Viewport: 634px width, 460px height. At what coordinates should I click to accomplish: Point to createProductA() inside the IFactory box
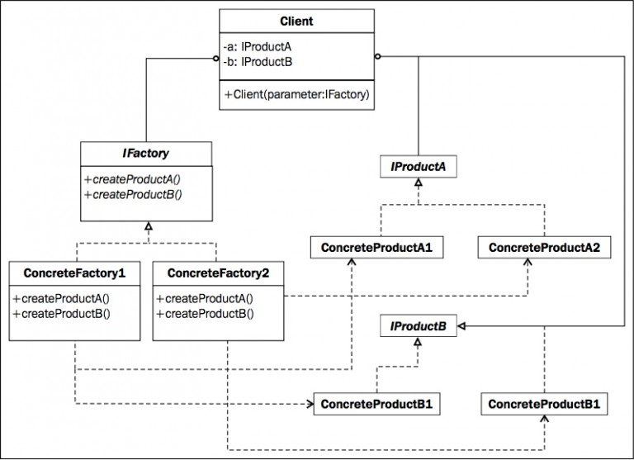pos(132,181)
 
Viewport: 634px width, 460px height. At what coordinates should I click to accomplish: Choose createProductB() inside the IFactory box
pos(132,195)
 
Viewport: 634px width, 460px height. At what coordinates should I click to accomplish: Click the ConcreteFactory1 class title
pos(75,272)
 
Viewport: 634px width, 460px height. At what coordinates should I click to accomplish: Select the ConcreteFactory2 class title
pos(218,272)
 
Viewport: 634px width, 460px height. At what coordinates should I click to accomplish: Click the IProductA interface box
pos(419,168)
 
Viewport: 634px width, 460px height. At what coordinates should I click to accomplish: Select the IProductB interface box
pos(419,327)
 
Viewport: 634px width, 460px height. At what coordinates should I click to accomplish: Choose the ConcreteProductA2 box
pos(544,247)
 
